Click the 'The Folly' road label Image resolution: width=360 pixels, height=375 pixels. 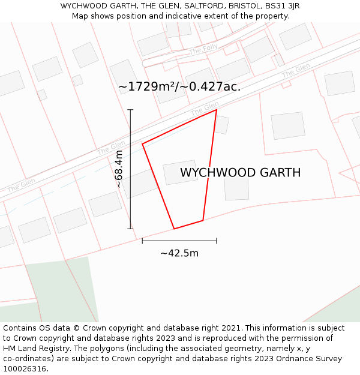coord(203,50)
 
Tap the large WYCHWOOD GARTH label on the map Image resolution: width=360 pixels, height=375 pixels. coord(240,173)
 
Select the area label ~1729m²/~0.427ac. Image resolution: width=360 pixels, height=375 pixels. coord(179,86)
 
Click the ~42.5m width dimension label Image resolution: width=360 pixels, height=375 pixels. coord(179,253)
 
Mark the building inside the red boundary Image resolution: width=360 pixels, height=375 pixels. coord(181,172)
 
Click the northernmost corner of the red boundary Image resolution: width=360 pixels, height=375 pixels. coord(216,110)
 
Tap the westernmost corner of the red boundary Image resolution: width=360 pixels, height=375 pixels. coord(142,144)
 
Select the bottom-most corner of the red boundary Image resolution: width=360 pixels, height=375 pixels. coord(174,229)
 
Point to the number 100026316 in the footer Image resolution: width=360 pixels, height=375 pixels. coord(25,369)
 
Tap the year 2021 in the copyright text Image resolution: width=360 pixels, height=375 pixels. coord(229,328)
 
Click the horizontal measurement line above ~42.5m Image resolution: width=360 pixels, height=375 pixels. coord(179,241)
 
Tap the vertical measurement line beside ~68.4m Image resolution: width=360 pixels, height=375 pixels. coord(130,169)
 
